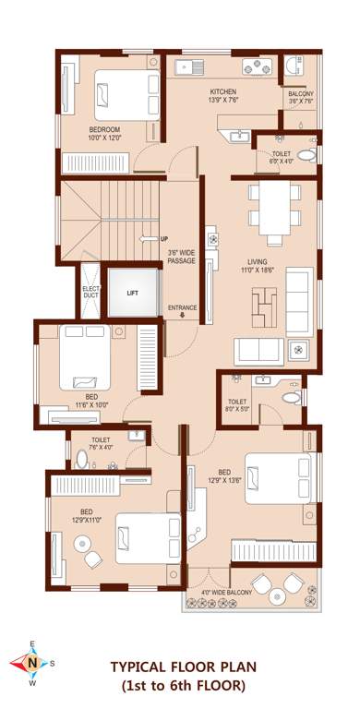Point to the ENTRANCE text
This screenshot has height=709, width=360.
tap(182, 308)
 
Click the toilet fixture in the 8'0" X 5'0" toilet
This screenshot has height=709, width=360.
tap(293, 397)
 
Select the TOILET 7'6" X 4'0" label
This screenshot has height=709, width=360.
tap(101, 444)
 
